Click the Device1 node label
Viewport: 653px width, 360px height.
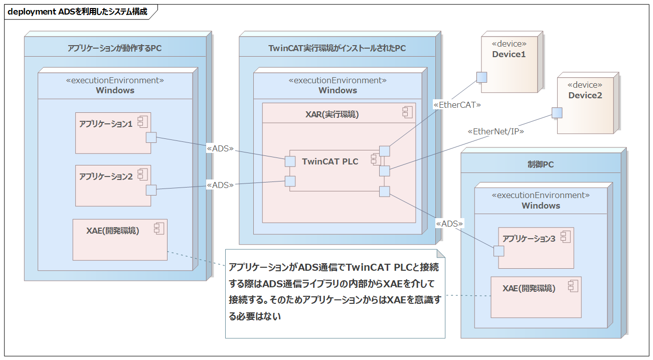click(x=509, y=54)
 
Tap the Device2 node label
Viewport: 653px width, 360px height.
click(x=585, y=95)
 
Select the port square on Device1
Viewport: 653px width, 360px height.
click(x=481, y=77)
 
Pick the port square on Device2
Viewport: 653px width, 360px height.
click(x=557, y=113)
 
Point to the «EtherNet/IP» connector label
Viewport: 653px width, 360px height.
click(x=496, y=131)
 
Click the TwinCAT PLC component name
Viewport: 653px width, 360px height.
click(x=330, y=161)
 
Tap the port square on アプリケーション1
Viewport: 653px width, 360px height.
click(x=151, y=137)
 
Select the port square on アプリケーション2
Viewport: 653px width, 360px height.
click(x=151, y=190)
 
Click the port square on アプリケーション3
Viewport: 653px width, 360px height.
click(x=499, y=251)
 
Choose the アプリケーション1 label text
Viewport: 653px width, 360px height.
click(x=106, y=124)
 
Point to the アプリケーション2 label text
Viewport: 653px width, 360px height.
click(x=106, y=176)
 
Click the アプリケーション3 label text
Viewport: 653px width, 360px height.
click(x=529, y=239)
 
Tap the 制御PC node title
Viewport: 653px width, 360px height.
click(x=541, y=164)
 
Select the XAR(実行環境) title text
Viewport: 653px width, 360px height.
click(x=332, y=114)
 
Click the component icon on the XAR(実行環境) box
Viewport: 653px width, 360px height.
click(x=407, y=112)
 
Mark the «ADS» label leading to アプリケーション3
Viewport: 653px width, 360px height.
click(x=449, y=224)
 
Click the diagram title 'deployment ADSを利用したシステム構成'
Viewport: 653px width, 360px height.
click(x=78, y=12)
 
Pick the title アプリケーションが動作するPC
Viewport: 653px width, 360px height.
click(x=115, y=48)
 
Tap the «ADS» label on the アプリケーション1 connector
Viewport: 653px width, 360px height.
click(x=220, y=149)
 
